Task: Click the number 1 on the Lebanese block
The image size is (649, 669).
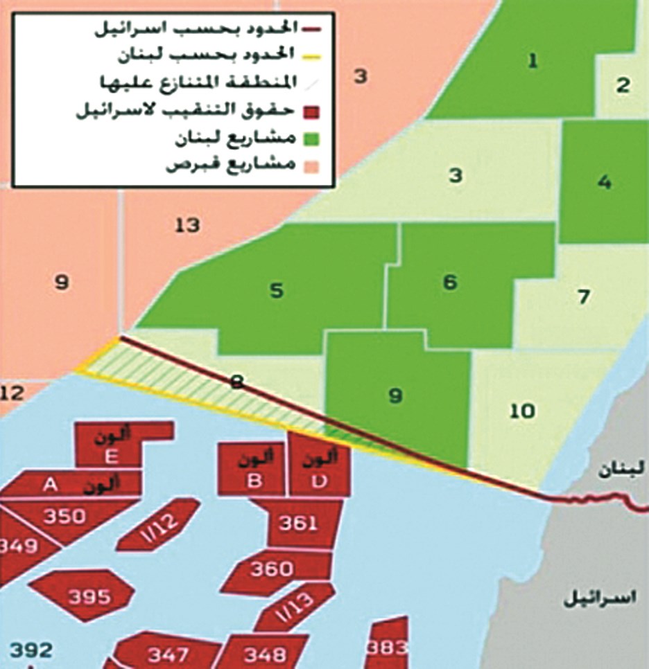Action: [x=533, y=62]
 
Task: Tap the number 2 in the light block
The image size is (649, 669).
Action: [x=623, y=86]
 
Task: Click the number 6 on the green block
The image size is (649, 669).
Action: [x=450, y=283]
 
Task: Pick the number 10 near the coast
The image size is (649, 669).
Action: [x=521, y=411]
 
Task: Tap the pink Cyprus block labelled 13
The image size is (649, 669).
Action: [x=187, y=225]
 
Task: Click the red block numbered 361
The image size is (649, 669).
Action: [x=300, y=523]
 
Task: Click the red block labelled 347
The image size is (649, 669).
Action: [x=168, y=654]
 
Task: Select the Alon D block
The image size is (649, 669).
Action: [x=318, y=469]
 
